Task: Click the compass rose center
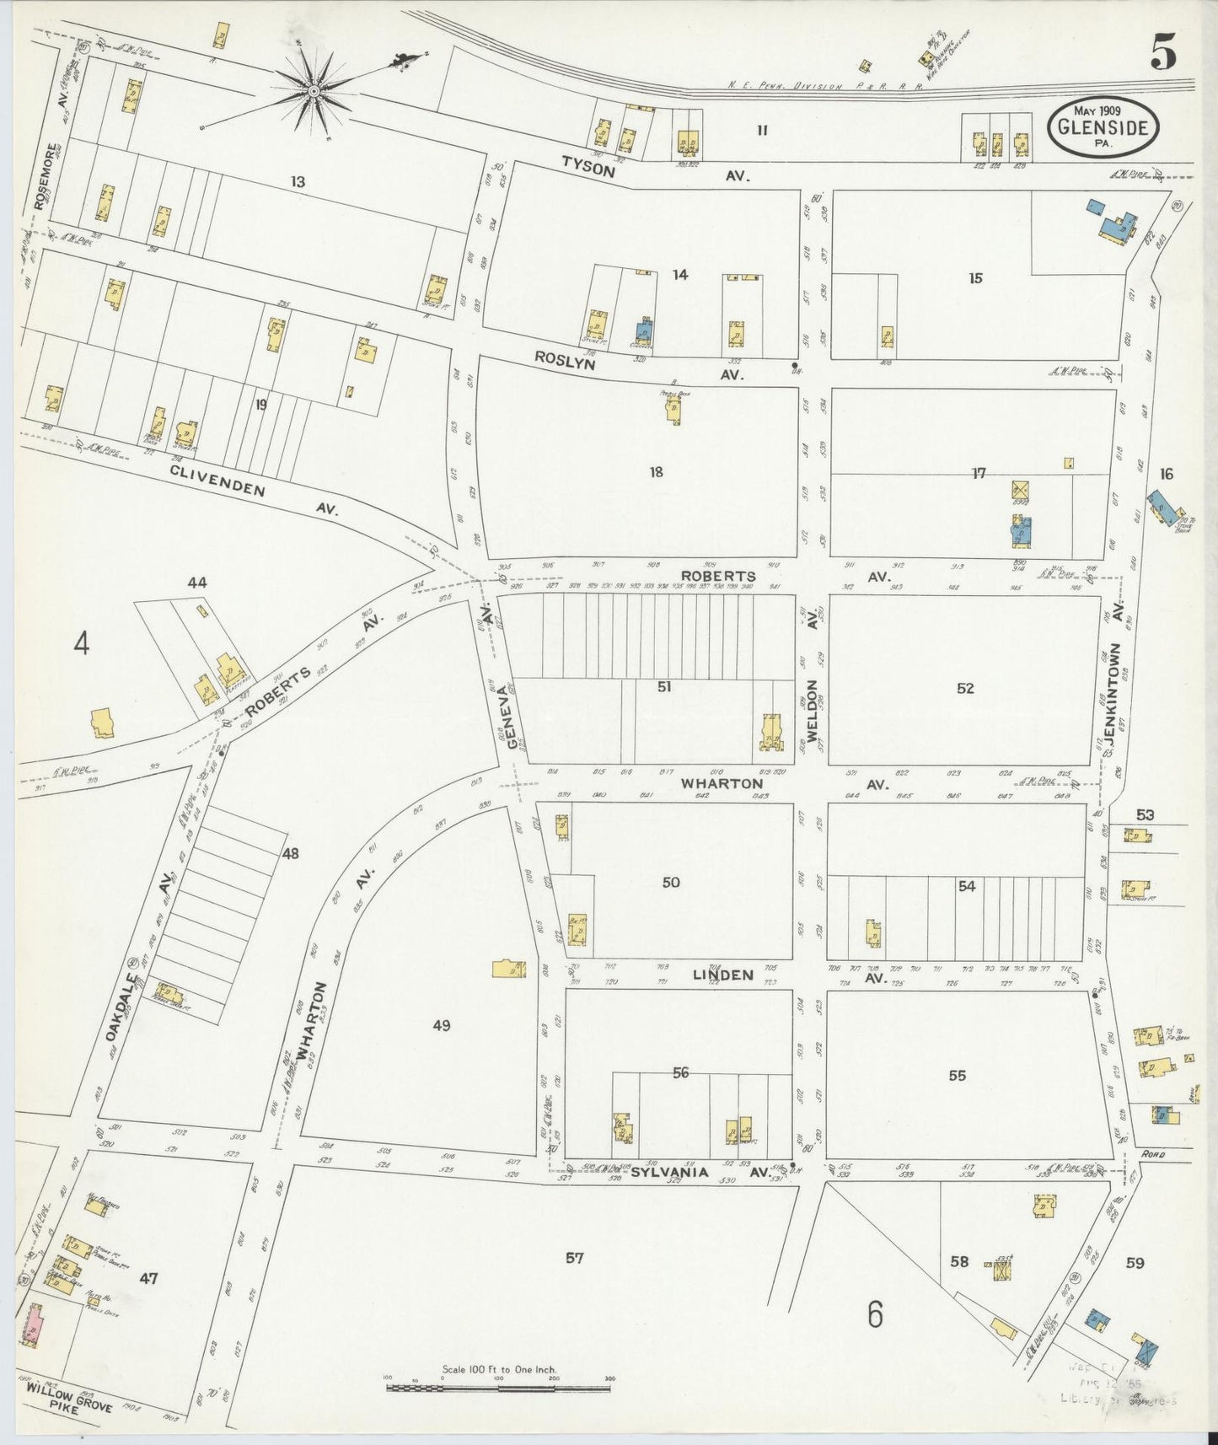314,89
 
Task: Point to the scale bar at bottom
498,1386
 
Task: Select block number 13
297,181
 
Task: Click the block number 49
442,1026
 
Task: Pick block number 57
574,1259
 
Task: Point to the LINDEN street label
722,975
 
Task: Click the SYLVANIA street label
666,1171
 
